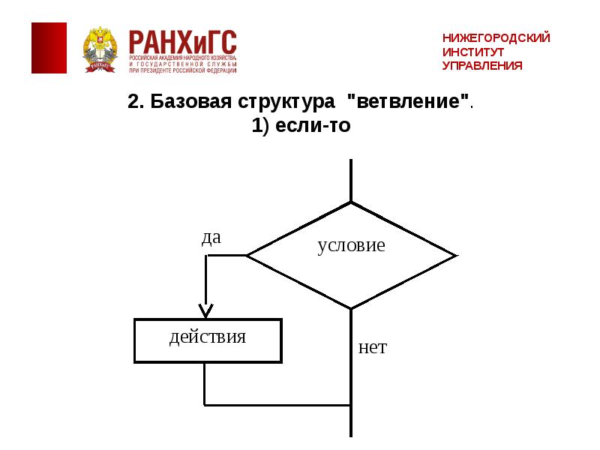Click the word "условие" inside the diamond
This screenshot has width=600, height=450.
pyautogui.click(x=351, y=245)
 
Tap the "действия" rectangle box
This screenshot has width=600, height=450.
pyautogui.click(x=208, y=340)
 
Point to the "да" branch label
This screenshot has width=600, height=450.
pyautogui.click(x=211, y=238)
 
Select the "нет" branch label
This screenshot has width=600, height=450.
pyautogui.click(x=372, y=347)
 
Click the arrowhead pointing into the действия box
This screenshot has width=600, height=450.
pyautogui.click(x=205, y=310)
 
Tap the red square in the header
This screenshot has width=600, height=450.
pyautogui.click(x=49, y=48)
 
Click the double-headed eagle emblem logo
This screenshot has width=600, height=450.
pyautogui.click(x=101, y=49)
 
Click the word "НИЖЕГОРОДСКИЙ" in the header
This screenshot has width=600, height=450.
pyautogui.click(x=496, y=37)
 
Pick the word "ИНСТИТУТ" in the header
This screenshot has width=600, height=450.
pyautogui.click(x=473, y=52)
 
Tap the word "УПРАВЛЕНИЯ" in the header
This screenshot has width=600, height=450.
pyautogui.click(x=481, y=66)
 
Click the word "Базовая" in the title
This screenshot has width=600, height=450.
pyautogui.click(x=190, y=103)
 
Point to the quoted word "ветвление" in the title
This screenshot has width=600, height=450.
pyautogui.click(x=409, y=103)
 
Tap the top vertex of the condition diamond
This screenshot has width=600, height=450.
pyautogui.click(x=351, y=202)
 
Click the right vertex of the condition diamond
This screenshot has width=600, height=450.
pyautogui.click(x=455, y=256)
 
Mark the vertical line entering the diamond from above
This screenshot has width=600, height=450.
pyautogui.click(x=351, y=180)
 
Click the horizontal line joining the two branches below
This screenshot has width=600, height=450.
pyautogui.click(x=277, y=405)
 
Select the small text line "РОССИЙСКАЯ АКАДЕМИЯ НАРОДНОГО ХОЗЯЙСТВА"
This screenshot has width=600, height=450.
pyautogui.click(x=182, y=58)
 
